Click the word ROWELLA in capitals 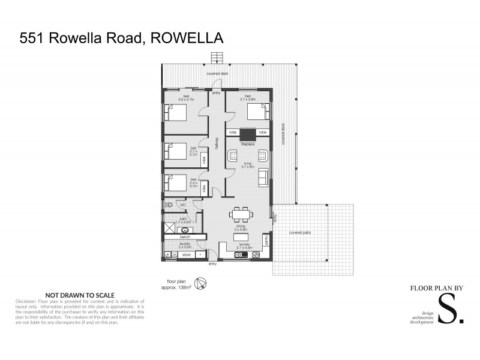189,39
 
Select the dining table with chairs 241,214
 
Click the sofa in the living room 263,178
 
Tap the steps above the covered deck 217,58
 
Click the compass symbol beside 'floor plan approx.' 202,283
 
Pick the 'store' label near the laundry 186,255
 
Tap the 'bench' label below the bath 184,238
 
